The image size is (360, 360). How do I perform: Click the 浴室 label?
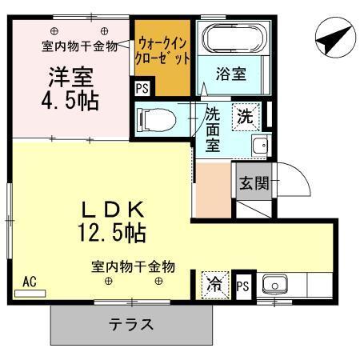pos(230,74)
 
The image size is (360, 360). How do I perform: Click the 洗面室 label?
pos(214,128)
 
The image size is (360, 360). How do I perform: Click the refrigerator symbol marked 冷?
pos(214,283)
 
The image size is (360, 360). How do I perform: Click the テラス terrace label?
pos(132,326)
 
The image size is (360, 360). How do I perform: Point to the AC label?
pos(30,281)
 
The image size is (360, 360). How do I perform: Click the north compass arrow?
pos(334,37)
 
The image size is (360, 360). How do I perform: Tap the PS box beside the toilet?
pos(142,89)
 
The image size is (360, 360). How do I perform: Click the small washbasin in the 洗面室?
pos(258,146)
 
